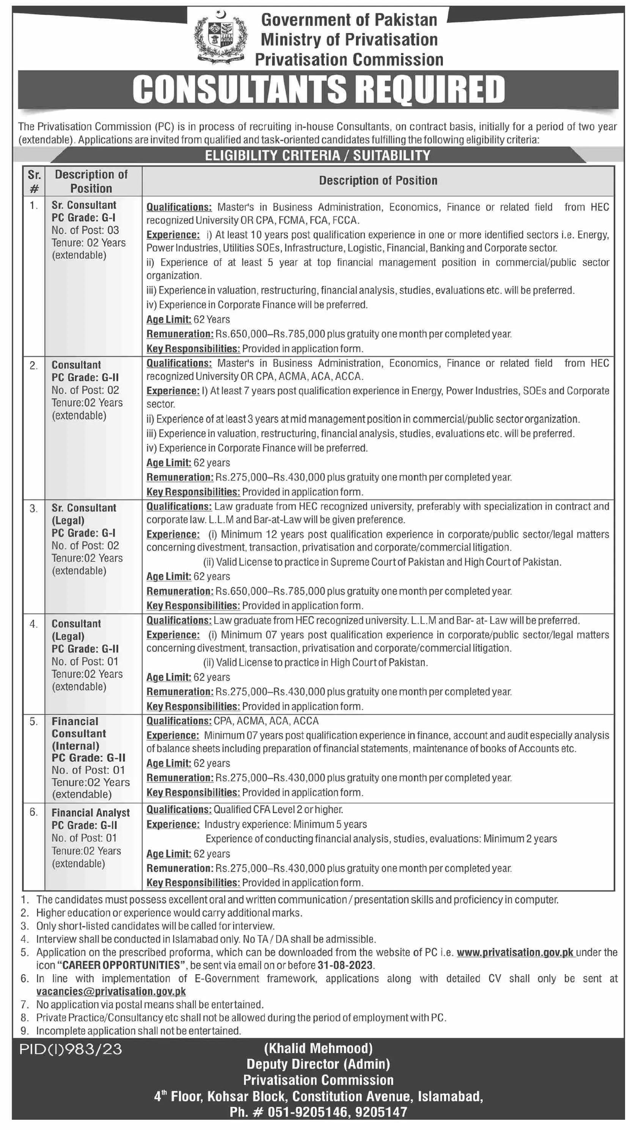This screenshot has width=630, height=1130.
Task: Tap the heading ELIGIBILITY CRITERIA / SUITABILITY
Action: (317, 155)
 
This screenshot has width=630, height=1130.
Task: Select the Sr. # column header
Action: (34, 181)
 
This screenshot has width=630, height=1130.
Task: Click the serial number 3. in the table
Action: (34, 508)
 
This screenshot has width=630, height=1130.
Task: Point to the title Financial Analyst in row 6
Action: (90, 813)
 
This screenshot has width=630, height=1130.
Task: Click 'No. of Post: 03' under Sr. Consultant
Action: (85, 230)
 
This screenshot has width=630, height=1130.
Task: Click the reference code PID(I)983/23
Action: (71, 1049)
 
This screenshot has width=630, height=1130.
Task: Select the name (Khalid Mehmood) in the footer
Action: (318, 1048)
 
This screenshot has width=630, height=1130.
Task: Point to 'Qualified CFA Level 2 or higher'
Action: (278, 809)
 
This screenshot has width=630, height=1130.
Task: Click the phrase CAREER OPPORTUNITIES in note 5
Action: (121, 965)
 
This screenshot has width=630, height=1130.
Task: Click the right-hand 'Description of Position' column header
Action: (378, 180)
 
